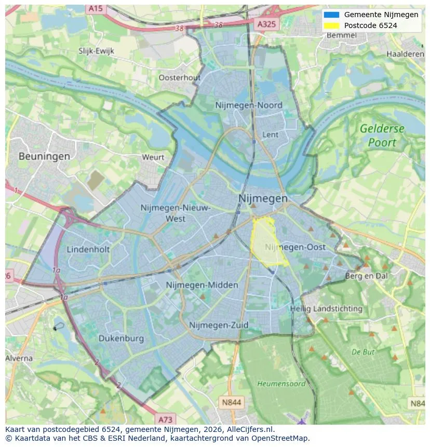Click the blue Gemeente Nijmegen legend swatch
point(331,15)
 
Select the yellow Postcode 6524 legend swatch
point(331,25)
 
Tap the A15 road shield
point(95,9)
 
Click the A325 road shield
point(267,24)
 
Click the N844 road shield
point(231,402)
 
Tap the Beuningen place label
point(44,156)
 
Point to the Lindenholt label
point(88,249)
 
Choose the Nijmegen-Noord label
point(249,105)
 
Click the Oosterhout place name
point(179,77)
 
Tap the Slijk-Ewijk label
point(96,51)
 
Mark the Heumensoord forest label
point(281,384)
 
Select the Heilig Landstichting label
point(326,308)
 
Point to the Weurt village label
point(153,157)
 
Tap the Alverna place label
point(19,358)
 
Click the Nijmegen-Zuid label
point(219,325)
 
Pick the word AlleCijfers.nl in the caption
point(251,429)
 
